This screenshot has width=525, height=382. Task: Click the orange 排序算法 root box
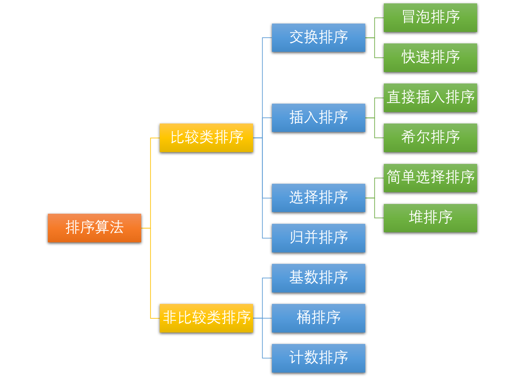click(94, 228)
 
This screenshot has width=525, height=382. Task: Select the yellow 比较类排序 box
click(206, 138)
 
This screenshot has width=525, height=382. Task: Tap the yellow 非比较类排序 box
click(206, 318)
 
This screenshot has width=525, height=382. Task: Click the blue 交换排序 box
click(318, 37)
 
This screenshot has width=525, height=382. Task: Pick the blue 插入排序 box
click(318, 118)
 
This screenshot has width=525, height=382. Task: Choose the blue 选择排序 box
click(318, 198)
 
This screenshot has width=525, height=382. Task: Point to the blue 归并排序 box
click(318, 238)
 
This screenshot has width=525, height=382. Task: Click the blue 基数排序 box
click(318, 278)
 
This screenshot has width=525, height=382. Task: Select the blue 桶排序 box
click(318, 318)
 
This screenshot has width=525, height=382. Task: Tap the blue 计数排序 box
click(318, 358)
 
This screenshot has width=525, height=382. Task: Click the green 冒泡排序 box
click(430, 18)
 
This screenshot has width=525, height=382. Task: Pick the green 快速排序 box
click(430, 58)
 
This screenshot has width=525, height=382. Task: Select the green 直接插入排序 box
click(430, 98)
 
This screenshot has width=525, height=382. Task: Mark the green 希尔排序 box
click(430, 138)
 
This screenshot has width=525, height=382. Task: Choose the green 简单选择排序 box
click(430, 178)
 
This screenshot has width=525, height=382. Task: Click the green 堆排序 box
click(430, 218)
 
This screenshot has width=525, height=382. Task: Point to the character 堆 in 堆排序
click(416, 217)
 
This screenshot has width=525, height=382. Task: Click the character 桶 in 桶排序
click(304, 317)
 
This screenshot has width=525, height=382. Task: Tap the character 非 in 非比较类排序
click(170, 317)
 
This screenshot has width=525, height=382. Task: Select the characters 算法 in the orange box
click(109, 227)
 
